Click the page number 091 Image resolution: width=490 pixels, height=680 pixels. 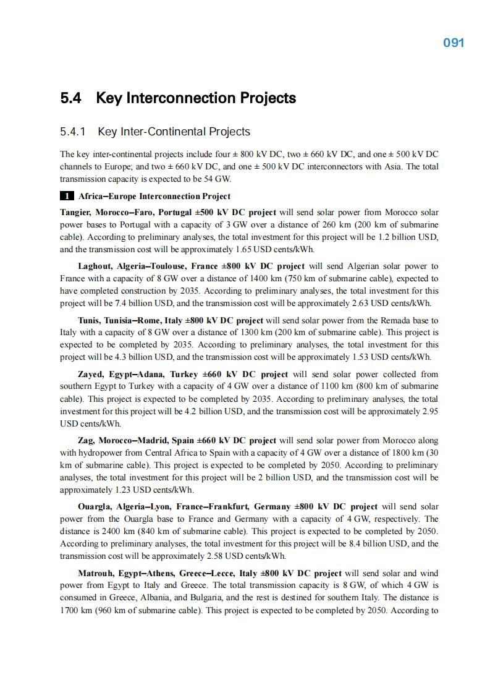(454, 43)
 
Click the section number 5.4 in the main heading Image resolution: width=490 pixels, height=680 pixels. (72, 98)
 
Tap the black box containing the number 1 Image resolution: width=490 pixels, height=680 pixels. (67, 197)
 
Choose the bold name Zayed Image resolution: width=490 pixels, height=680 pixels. (91, 374)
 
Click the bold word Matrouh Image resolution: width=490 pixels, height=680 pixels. (96, 573)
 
